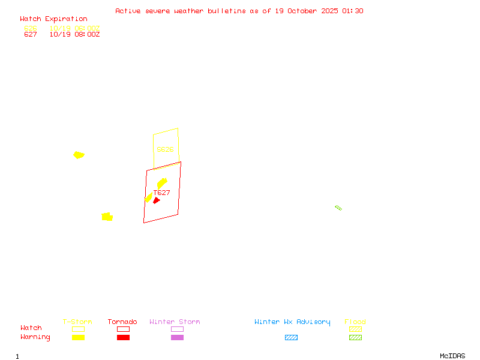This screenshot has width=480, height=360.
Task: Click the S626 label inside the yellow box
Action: coord(165,149)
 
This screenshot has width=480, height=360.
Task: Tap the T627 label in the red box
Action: coord(162,193)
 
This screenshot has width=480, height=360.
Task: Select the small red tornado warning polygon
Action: coord(156,200)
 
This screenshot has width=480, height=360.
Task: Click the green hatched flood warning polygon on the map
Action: coord(338,208)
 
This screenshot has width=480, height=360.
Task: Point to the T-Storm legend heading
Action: coord(77,322)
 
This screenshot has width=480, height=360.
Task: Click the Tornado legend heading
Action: coord(122,322)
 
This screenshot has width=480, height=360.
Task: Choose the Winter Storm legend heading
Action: coord(175,322)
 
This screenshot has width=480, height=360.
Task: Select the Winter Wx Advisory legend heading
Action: coord(292,322)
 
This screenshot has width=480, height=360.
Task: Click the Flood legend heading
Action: coord(355,322)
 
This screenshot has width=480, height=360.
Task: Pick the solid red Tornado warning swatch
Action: coord(123,337)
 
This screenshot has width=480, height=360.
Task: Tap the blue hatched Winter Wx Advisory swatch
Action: coord(291,337)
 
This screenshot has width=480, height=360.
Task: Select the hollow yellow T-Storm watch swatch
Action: coord(78,329)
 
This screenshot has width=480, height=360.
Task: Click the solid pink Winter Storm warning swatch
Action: coord(177,337)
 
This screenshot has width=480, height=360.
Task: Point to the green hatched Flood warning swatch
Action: coord(355,337)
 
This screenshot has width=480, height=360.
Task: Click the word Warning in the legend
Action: coord(35,337)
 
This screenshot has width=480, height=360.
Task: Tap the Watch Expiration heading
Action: coord(53,19)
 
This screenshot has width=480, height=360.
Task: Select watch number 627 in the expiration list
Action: coord(31,34)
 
